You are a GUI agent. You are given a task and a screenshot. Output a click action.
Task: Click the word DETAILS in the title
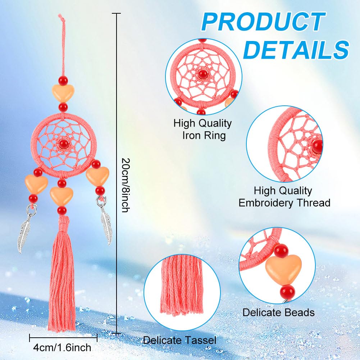[296, 49]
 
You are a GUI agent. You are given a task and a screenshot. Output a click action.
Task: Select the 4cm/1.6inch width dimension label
[62, 347]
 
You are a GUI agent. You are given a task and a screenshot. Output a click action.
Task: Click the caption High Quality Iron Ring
[203, 129]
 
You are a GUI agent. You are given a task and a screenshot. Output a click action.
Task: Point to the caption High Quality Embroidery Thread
[284, 197]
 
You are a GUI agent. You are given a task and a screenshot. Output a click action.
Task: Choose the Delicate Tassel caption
[179, 340]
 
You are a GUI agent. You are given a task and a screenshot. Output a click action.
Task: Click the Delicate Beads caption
[278, 313]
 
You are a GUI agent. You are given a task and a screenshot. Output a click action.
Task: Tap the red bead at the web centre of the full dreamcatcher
[63, 144]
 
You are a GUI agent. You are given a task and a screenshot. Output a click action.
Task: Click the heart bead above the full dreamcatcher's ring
[63, 93]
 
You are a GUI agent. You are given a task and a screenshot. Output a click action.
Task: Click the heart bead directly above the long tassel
[61, 196]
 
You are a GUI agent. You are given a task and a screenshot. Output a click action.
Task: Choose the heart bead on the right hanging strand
[97, 176]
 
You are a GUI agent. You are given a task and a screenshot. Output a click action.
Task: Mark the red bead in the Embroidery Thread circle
[317, 146]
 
